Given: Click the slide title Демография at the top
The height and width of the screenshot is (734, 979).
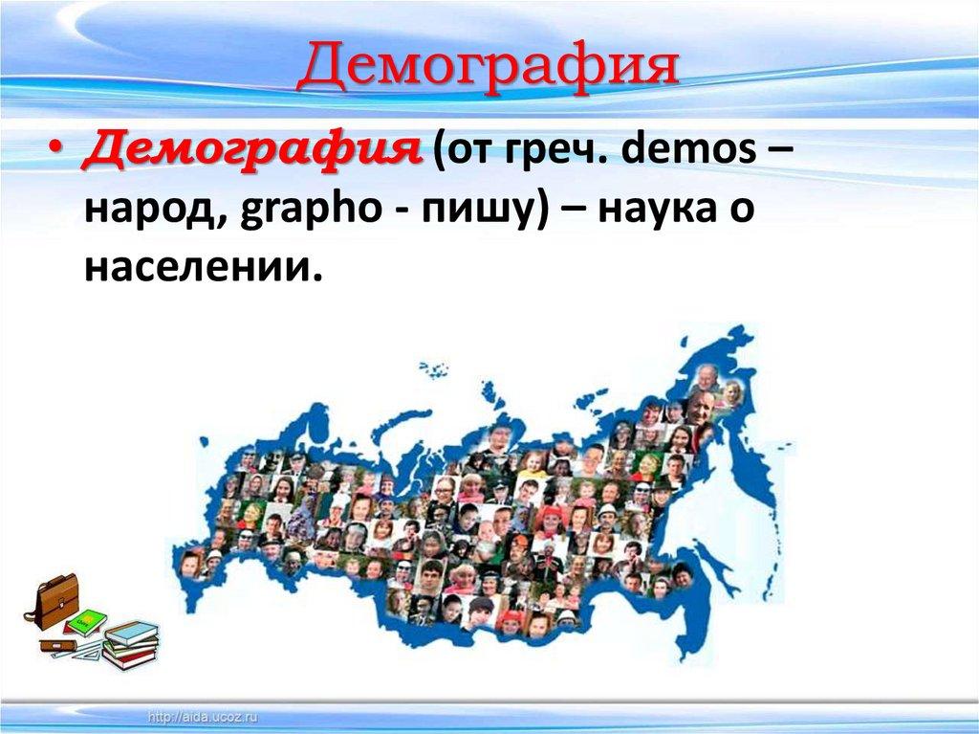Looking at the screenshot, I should pos(489,68).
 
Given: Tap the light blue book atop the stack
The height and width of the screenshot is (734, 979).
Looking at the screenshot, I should pos(132,631).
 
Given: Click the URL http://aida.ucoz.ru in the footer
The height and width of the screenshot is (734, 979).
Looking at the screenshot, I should pos(205,716).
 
